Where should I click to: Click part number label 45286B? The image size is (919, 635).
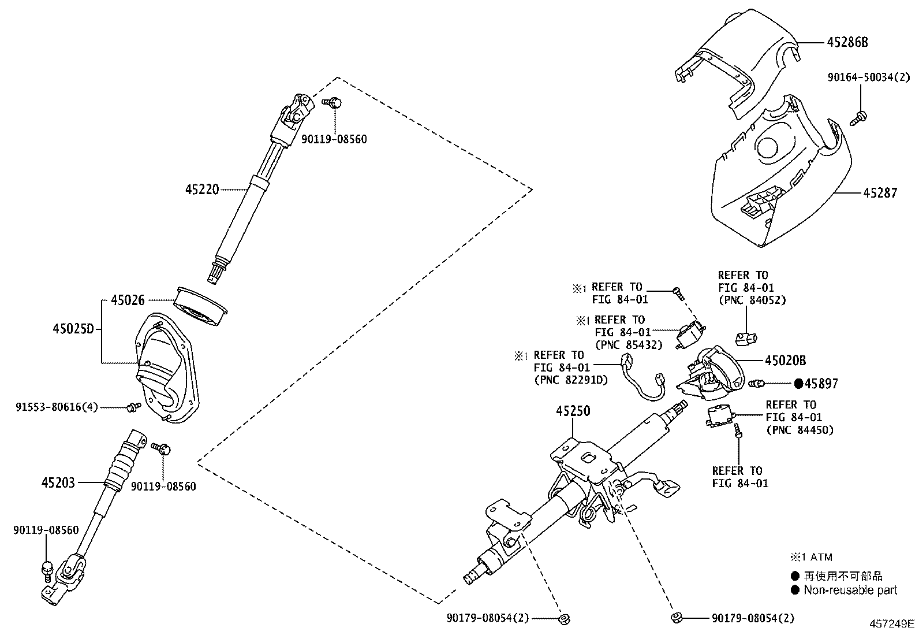pyautogui.click(x=847, y=42)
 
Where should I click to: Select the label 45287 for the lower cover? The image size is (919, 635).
pyautogui.click(x=880, y=192)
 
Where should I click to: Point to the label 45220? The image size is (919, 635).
pyautogui.click(x=202, y=189)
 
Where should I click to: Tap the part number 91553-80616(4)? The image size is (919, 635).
pyautogui.click(x=57, y=407)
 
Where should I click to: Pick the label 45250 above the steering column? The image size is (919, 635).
pyautogui.click(x=573, y=411)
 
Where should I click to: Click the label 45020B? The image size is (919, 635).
pyautogui.click(x=785, y=361)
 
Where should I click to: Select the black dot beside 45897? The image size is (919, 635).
pyautogui.click(x=799, y=383)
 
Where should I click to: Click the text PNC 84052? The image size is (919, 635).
pyautogui.click(x=752, y=300)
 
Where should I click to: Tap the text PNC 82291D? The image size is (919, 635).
pyautogui.click(x=571, y=380)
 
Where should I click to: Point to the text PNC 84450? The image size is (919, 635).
pyautogui.click(x=800, y=430)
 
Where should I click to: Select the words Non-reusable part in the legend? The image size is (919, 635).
pyautogui.click(x=850, y=590)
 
